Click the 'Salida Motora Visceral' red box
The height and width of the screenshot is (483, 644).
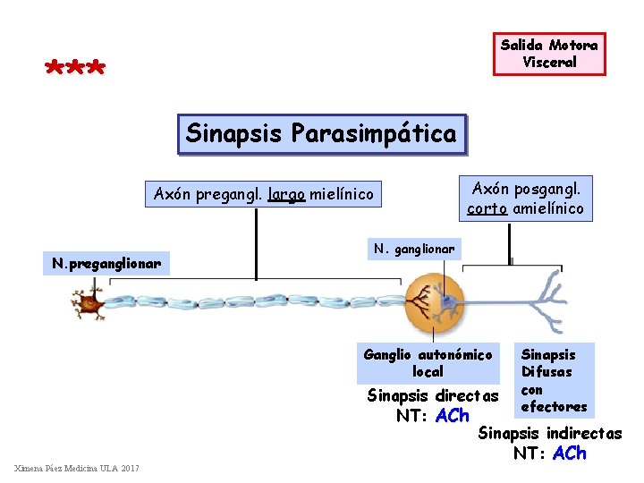549,54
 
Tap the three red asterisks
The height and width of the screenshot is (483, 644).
75,68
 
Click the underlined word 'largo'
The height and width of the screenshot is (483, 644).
286,193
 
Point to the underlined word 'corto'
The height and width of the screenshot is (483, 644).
488,209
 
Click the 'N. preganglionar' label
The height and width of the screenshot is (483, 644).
106,263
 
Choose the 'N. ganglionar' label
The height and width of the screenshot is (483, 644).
414,248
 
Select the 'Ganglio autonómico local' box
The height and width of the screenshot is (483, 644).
428,363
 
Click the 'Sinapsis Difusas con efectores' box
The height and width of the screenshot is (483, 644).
554,380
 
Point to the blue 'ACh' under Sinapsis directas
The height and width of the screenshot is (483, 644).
452,416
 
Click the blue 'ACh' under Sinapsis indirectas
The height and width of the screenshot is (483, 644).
570,453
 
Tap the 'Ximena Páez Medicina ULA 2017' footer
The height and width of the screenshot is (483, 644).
77,469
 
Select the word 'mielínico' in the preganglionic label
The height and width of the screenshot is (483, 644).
343,193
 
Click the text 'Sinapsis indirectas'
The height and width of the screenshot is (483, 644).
550,434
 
